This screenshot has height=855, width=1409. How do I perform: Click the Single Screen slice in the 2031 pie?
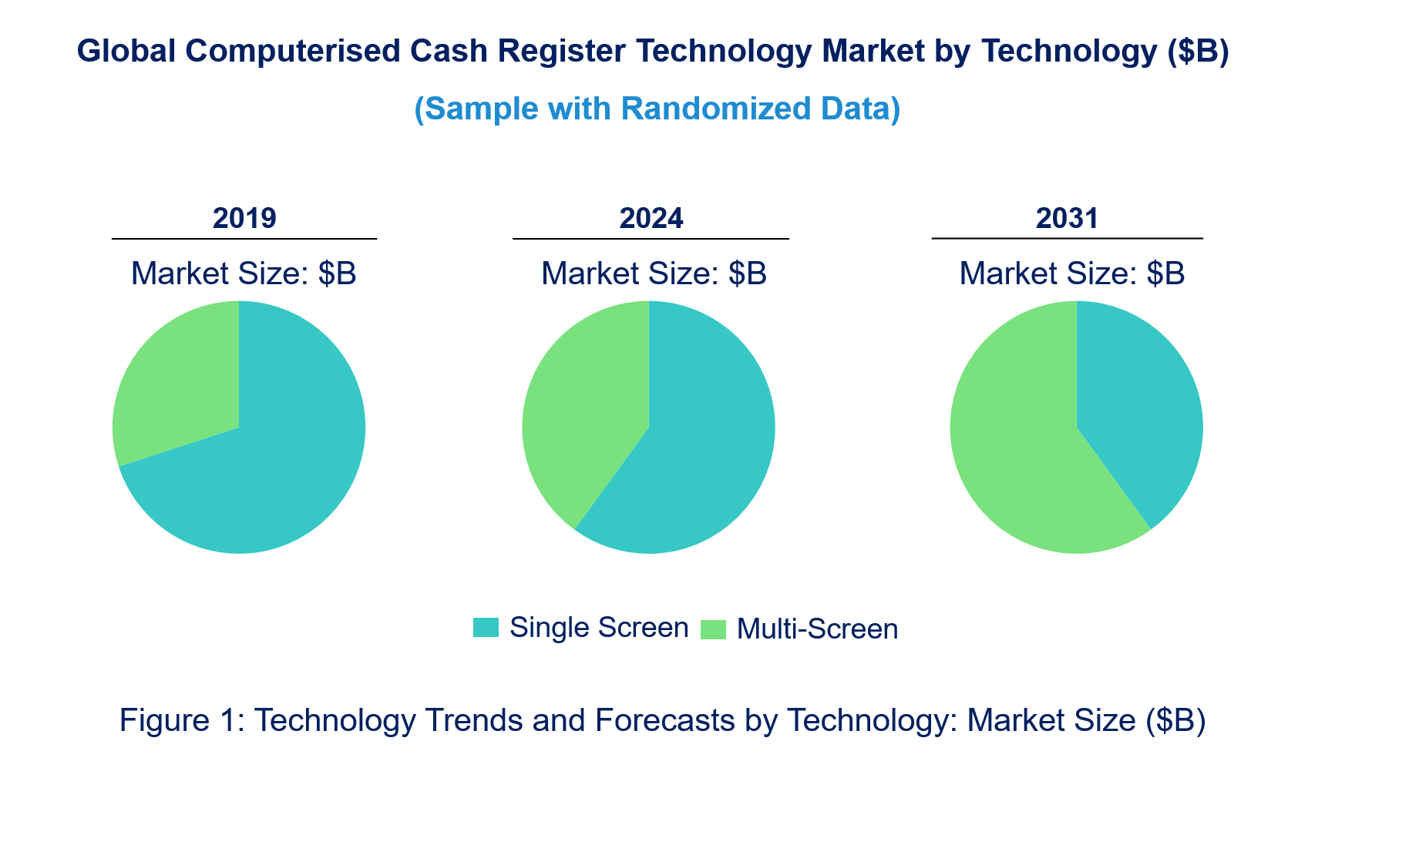pyautogui.click(x=1133, y=408)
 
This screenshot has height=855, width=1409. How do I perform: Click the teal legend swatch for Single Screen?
pyautogui.click(x=486, y=628)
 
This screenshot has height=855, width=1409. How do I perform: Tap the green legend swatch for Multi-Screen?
pyautogui.click(x=713, y=629)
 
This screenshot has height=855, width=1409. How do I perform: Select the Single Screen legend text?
pyautogui.click(x=599, y=628)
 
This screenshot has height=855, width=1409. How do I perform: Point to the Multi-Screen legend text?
pyautogui.click(x=817, y=629)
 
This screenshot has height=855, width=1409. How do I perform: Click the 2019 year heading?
pyautogui.click(x=244, y=219)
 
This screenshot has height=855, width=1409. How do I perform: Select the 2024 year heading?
pyautogui.click(x=651, y=219)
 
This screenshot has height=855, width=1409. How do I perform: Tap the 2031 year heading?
pyautogui.click(x=1067, y=219)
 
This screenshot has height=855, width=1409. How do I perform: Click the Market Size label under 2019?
pyautogui.click(x=244, y=274)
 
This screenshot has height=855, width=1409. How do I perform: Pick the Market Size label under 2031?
pyautogui.click(x=1071, y=274)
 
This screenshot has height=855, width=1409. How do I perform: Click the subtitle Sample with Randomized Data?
pyautogui.click(x=657, y=109)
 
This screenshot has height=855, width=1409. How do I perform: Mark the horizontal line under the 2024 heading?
pyautogui.click(x=651, y=239)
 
